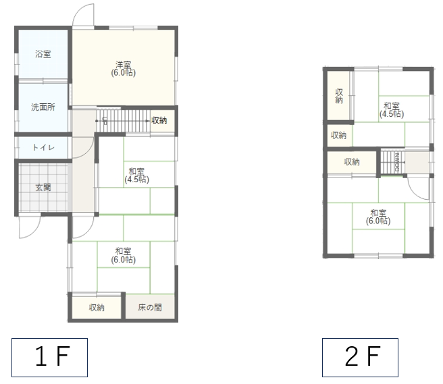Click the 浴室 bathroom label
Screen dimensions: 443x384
(x=43, y=54)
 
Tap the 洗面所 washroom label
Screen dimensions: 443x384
(x=43, y=107)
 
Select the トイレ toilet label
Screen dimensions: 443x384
(x=43, y=147)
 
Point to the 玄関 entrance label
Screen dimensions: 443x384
(x=43, y=187)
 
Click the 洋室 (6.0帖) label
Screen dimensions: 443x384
(x=123, y=69)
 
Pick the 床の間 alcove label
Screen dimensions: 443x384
(x=150, y=307)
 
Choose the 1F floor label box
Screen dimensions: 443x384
(x=49, y=358)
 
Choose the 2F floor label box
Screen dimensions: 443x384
(x=360, y=358)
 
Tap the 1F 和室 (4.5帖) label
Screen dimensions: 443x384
(x=136, y=175)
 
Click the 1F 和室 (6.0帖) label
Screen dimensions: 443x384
(x=123, y=255)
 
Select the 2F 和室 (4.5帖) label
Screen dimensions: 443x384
(x=392, y=110)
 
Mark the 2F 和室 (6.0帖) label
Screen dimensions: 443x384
(x=378, y=217)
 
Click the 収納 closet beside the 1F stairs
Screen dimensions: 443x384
(x=159, y=121)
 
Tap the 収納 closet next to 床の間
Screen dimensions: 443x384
(x=97, y=307)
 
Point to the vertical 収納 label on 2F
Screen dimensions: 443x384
(x=339, y=97)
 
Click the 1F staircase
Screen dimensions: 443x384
(x=123, y=121)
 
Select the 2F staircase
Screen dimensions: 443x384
(x=392, y=163)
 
